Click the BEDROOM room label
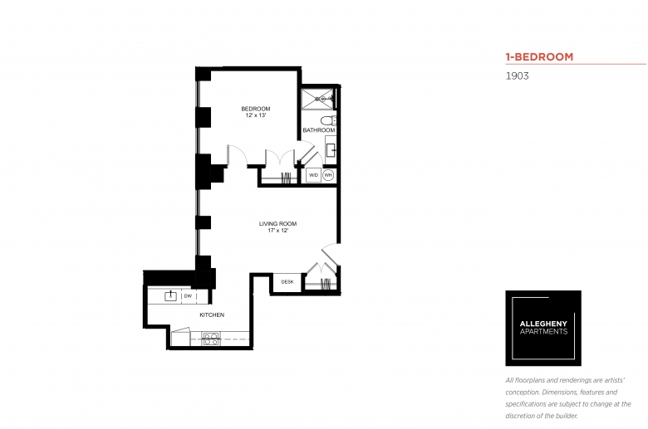tap(256, 109)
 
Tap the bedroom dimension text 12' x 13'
tap(256, 115)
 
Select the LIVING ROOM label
tap(277, 224)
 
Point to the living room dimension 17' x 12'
tap(277, 231)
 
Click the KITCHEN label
tap(212, 314)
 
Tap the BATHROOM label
tap(319, 130)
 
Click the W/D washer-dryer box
tap(314, 175)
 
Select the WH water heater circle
tap(328, 175)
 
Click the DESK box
tap(287, 282)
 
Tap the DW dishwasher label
tap(188, 296)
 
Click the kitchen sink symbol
tap(170, 295)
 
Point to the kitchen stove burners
tap(211, 339)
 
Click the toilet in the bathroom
tap(327, 120)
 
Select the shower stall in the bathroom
tap(317, 99)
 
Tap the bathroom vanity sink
tap(331, 150)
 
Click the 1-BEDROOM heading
tap(539, 56)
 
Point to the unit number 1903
tap(517, 76)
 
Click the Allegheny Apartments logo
tap(543, 328)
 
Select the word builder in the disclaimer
tap(565, 416)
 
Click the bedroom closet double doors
tap(280, 158)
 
